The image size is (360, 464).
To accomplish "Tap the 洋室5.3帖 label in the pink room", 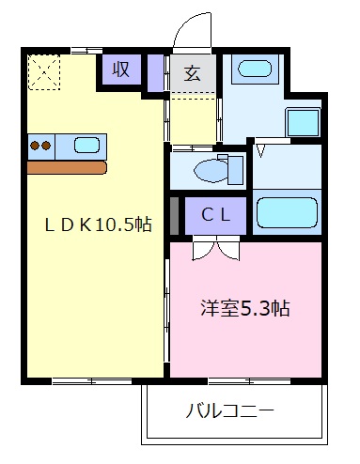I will tap(243, 307).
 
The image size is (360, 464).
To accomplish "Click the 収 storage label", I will tap(121, 70).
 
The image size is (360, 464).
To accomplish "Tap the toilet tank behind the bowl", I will tap(235, 169).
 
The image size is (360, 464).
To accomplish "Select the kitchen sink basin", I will tap(86, 146).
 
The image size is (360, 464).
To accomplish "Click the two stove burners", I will tap(40, 146).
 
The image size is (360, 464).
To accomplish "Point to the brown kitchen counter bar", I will tap(67, 167).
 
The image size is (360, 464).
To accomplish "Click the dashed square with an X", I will tap(43, 70).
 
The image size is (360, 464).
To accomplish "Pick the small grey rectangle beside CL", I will tap(174, 215).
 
